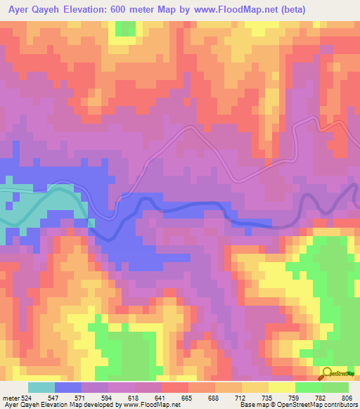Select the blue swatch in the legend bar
pyautogui.click(x=67, y=388)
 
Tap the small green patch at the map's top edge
pyautogui.click(x=125, y=28)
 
